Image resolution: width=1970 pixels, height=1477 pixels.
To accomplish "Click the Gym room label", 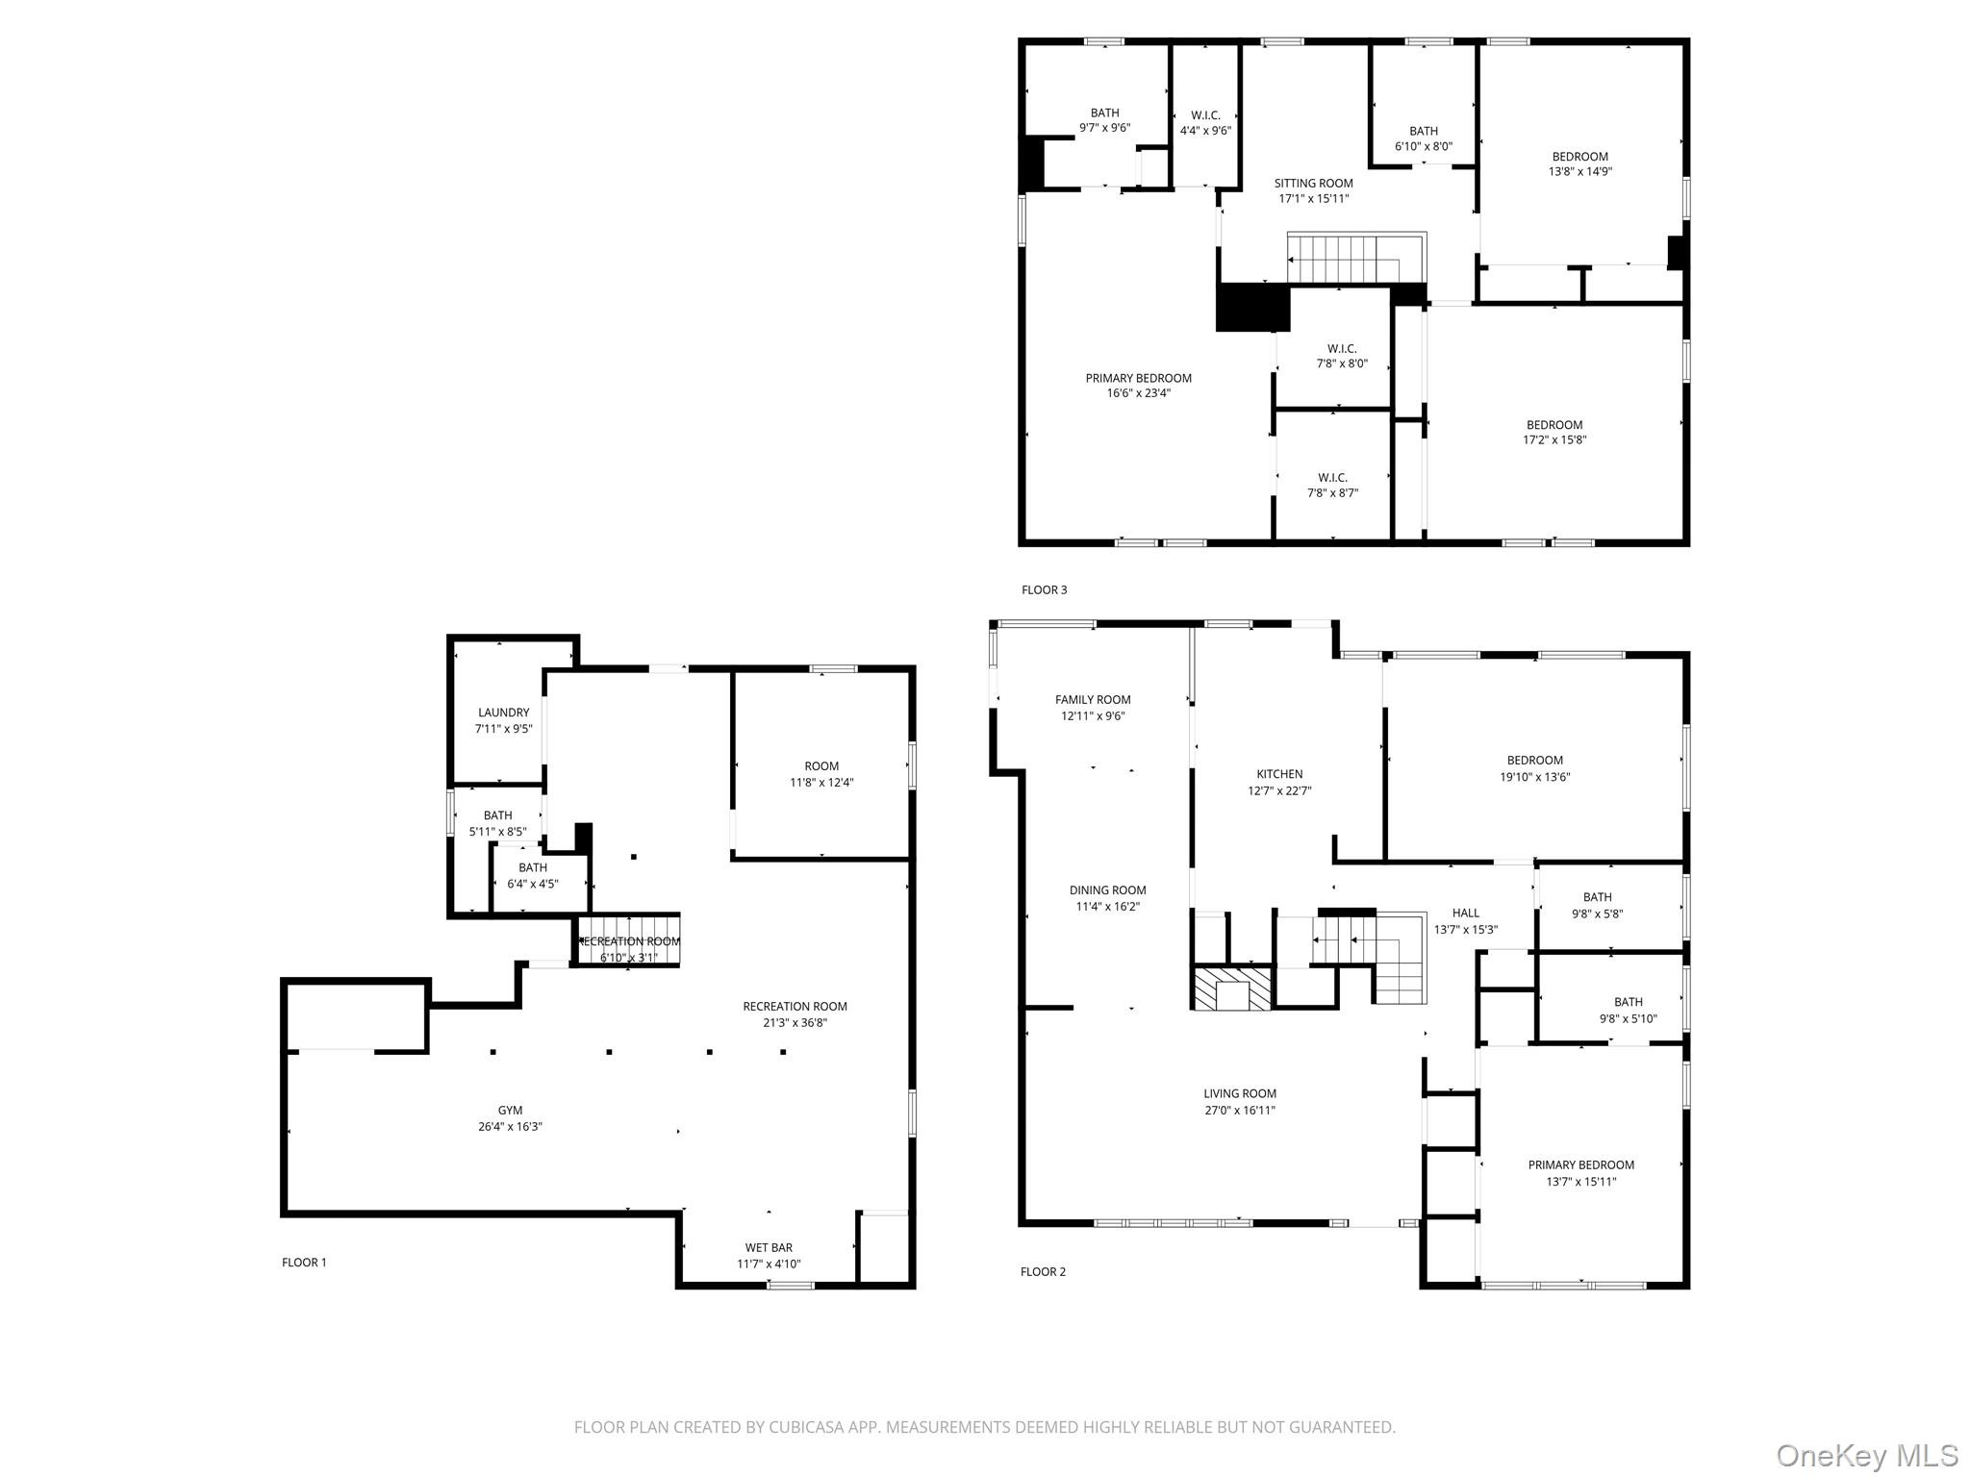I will (510, 1110).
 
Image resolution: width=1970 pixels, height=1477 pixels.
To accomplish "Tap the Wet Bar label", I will (769, 1247).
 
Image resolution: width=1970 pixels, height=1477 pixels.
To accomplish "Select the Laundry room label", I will (503, 713).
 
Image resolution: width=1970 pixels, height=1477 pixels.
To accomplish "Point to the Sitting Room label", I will (1313, 183).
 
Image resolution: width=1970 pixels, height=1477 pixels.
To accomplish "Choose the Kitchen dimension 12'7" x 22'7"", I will (1279, 791).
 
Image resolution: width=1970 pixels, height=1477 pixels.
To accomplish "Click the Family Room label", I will (1093, 700).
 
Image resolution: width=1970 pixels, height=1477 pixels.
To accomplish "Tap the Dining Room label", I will (1107, 890).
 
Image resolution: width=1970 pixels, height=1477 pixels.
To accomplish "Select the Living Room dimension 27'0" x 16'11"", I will (1239, 1110).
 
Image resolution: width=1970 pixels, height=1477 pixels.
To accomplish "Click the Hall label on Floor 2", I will (1465, 913).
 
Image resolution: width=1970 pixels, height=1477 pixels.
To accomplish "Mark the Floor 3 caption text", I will (1044, 589).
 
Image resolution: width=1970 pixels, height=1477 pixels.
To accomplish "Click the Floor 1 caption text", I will (304, 1263).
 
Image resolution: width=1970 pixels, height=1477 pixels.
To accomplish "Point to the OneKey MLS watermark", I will (1866, 1455).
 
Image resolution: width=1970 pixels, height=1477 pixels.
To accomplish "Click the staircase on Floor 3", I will (1356, 259).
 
